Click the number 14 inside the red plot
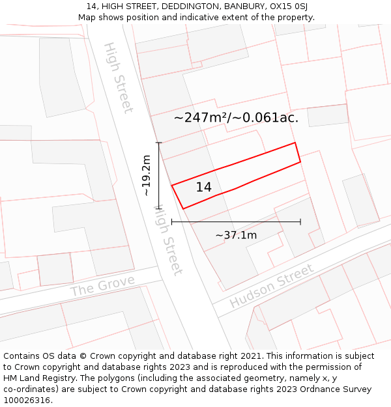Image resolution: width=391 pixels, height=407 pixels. (x=203, y=188)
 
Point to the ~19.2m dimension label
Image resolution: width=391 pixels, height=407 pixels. (x=147, y=175)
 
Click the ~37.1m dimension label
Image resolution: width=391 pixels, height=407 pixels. (x=236, y=235)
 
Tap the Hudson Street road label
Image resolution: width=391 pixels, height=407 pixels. (x=272, y=287)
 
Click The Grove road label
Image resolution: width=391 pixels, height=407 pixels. (x=102, y=285)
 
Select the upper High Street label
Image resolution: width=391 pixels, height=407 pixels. (x=119, y=77)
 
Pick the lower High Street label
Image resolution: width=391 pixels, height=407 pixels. (x=167, y=240)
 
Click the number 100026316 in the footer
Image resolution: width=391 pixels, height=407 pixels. (x=28, y=400)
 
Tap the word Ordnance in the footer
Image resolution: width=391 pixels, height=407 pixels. (x=317, y=389)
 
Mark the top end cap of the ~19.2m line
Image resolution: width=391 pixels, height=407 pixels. (x=158, y=142)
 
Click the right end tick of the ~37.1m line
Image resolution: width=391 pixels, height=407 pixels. (x=300, y=222)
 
